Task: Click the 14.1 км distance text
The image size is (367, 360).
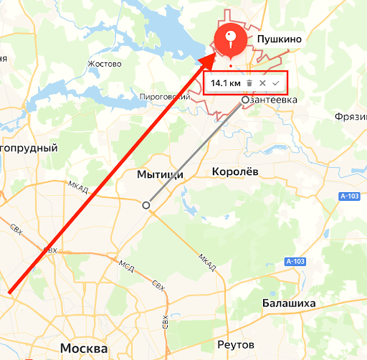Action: coord(225,83)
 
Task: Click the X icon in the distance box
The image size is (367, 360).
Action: coord(262,83)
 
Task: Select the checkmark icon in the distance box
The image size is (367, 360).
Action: coord(275,83)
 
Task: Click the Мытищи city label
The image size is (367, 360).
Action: coord(160,174)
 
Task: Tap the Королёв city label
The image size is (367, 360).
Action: coord(236,171)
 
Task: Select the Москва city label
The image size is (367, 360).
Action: coord(85,348)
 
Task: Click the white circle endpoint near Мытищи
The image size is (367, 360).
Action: coord(147,205)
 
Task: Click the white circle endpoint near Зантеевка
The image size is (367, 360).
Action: coord(246,100)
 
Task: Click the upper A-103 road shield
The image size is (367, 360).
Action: coord(349,196)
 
